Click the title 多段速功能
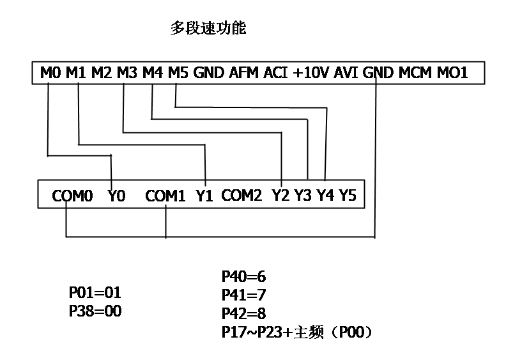(x=208, y=29)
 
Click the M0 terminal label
(x=50, y=73)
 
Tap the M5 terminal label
(x=178, y=73)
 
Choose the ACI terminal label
(x=276, y=73)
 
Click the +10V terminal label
(x=310, y=73)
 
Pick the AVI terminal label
(x=346, y=73)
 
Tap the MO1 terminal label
(x=452, y=73)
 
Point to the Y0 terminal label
(x=115, y=196)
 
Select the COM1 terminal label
(x=165, y=196)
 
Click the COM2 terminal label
(x=241, y=196)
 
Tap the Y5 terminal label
(x=348, y=196)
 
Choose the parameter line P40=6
(x=243, y=277)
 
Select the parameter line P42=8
(x=243, y=314)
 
